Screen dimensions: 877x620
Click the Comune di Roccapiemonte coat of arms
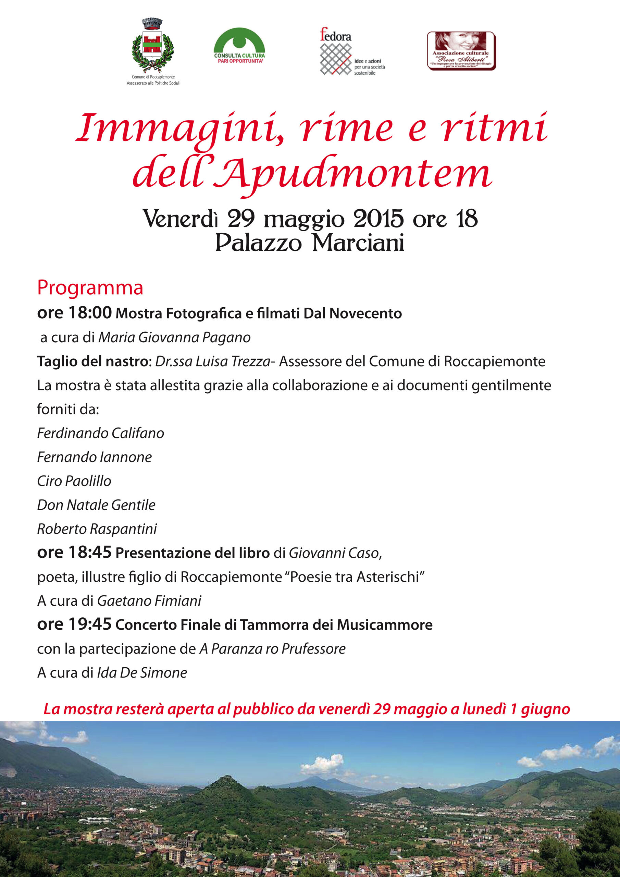click(x=152, y=46)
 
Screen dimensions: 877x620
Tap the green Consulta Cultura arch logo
click(x=239, y=44)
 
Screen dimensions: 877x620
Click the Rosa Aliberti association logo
click(x=461, y=51)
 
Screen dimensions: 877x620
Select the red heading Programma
click(x=90, y=288)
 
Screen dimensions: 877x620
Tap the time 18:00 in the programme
click(x=90, y=312)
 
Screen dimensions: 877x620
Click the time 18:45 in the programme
click(x=90, y=552)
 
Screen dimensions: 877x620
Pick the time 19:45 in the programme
click(x=90, y=624)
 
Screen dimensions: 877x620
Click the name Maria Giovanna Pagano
click(x=174, y=337)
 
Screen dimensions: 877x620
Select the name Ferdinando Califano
click(x=100, y=433)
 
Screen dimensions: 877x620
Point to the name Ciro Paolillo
click(x=74, y=481)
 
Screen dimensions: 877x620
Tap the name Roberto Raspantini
click(x=97, y=529)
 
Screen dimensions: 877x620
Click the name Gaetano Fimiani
click(x=149, y=601)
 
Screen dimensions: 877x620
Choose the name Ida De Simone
click(x=142, y=672)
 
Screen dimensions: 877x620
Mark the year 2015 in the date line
click(x=378, y=219)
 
